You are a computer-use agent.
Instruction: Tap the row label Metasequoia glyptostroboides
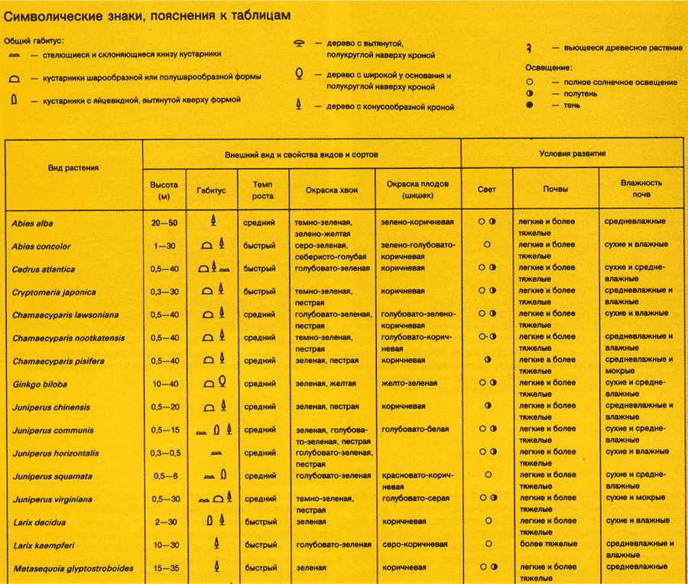[x=73, y=568]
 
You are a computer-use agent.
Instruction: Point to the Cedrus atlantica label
[x=44, y=269]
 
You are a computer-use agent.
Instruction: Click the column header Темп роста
[x=260, y=190]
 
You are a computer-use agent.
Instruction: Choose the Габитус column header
[x=211, y=190]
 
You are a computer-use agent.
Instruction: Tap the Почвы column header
[x=556, y=189]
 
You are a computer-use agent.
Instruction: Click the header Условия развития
[x=573, y=153]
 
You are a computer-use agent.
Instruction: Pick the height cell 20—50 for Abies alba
[x=164, y=222]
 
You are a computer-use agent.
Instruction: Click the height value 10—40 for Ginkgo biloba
[x=164, y=384]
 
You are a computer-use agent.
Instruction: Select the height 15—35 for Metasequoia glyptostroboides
[x=164, y=568]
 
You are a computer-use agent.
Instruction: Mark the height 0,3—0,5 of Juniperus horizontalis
[x=164, y=453]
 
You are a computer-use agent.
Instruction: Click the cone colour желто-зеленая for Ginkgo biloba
[x=409, y=384]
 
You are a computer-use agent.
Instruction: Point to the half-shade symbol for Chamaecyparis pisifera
[x=487, y=360]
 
